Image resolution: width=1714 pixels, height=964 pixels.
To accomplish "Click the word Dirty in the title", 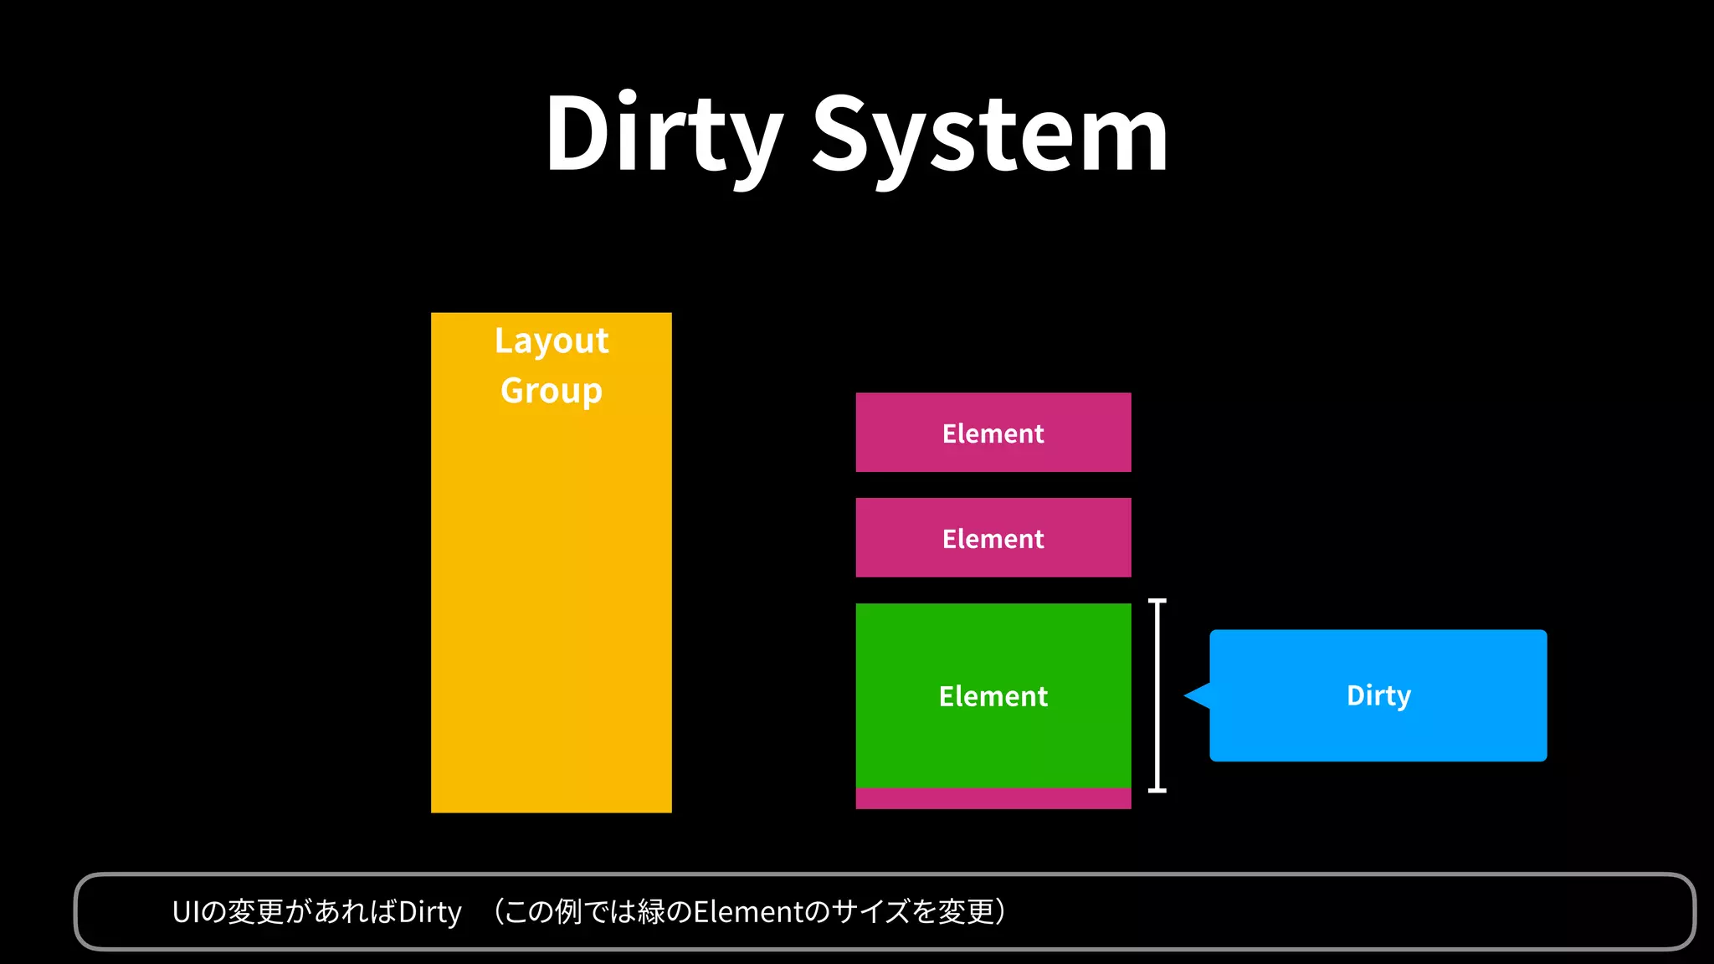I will tap(663, 134).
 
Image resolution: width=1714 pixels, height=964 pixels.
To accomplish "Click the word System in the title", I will tap(989, 134).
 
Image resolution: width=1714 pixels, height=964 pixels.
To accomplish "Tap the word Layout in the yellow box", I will tap(552, 341).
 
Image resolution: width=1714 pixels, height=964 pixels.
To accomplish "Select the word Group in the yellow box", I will tap(552, 390).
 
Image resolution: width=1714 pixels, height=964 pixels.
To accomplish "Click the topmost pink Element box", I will tap(993, 433).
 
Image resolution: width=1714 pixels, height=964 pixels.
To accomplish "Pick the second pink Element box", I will tap(993, 538).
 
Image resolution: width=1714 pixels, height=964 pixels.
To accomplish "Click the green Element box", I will tap(993, 695).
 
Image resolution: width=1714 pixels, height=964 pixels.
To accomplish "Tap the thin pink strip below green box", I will tap(993, 798).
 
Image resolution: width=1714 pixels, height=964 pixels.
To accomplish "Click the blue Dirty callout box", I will tap(1378, 695).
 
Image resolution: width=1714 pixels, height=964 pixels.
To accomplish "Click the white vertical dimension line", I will tap(1157, 695).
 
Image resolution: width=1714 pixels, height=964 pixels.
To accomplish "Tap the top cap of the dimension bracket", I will tap(1157, 601).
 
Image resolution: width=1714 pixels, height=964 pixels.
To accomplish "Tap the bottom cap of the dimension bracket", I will tap(1157, 789).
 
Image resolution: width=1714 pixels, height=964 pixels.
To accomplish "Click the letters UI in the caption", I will tap(187, 912).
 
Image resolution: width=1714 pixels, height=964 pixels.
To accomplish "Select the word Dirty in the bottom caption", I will tap(430, 912).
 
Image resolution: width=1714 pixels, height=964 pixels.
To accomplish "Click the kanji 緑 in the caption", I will tap(651, 912).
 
